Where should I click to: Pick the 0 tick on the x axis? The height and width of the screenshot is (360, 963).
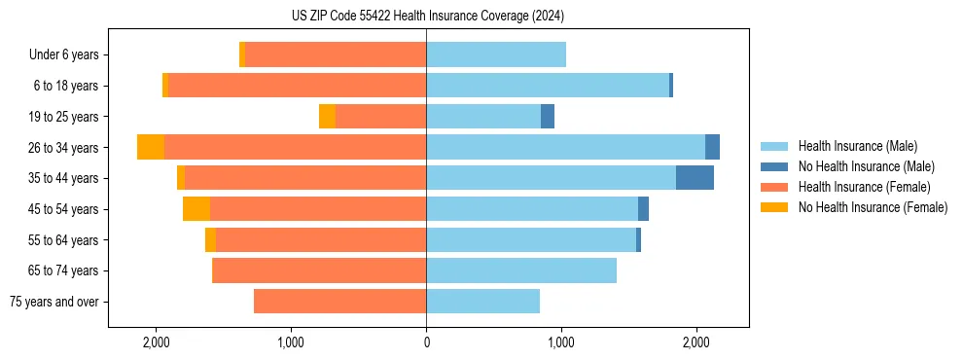426,342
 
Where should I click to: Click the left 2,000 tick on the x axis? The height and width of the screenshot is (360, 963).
157,342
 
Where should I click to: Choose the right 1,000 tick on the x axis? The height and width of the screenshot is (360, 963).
560,342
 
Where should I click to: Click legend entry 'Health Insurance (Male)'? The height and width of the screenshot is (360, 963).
857,146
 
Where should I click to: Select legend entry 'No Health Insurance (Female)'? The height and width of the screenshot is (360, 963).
873,207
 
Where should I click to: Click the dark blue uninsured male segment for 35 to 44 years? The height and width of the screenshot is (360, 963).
695,178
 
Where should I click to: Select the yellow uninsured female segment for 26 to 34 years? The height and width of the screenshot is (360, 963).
151,147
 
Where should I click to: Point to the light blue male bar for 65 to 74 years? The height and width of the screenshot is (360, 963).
521,270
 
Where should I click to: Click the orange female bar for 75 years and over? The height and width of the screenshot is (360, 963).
339,302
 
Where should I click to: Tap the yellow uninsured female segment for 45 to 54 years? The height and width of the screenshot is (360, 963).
196,209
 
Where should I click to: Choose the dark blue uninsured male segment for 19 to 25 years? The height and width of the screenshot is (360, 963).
548,117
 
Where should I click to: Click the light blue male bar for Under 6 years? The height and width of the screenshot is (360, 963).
496,55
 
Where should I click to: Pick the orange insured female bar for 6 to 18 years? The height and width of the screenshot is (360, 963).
297,86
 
